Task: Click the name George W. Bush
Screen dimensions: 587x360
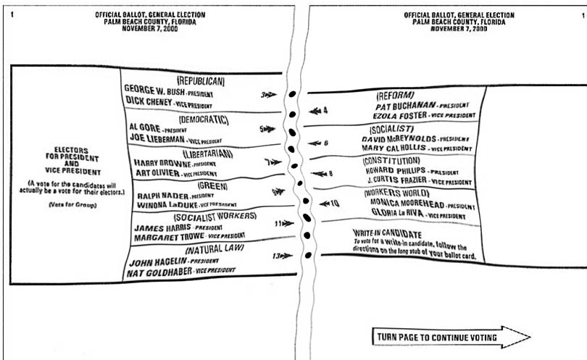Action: (154, 91)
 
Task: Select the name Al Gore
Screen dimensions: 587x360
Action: (145, 127)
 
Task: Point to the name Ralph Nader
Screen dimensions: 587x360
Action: (163, 196)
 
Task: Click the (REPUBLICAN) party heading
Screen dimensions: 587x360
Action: (201, 81)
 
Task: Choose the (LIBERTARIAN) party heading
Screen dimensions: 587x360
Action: (208, 154)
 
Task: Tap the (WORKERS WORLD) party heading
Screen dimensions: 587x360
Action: (397, 193)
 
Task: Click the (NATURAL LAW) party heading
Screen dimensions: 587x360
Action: (215, 249)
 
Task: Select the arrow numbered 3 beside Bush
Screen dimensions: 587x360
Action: (269, 95)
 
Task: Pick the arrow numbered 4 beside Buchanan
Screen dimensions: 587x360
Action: (318, 111)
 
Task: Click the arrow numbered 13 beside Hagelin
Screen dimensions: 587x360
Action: (283, 256)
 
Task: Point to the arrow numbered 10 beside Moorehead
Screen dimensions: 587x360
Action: (329, 204)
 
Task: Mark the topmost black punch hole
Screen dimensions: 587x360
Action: (292, 94)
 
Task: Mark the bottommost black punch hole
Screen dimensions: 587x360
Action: (308, 255)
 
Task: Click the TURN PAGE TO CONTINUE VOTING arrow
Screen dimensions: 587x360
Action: (451, 337)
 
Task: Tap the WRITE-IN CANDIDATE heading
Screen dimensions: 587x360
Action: (387, 234)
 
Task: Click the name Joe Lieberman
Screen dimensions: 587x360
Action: (157, 138)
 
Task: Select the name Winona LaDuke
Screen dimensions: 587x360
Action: (167, 205)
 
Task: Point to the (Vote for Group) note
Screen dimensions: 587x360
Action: (72, 205)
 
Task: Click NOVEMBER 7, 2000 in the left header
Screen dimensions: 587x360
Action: (150, 28)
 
